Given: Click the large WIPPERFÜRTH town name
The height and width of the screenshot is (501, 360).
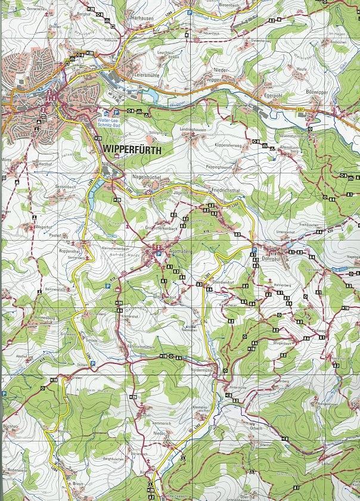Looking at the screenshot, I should click(x=132, y=151).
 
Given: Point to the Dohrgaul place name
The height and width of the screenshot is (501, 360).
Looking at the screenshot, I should click(x=272, y=259).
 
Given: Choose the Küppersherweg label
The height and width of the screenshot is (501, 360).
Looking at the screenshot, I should click(x=230, y=145).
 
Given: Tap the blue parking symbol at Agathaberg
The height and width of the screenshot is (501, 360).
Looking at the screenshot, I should click(x=159, y=254).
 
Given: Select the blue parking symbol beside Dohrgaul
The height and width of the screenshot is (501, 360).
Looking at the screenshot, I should click(x=255, y=251).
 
